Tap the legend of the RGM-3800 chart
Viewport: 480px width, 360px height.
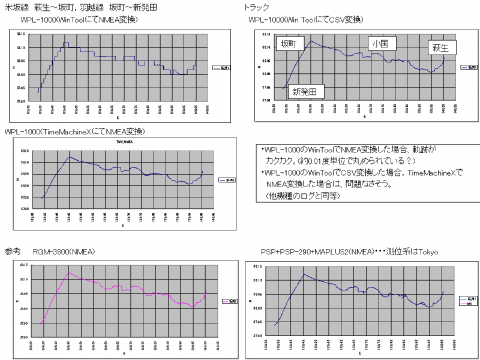[230, 301]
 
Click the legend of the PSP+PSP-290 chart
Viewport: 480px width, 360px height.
[467, 300]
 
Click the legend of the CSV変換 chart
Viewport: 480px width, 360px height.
[468, 67]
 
